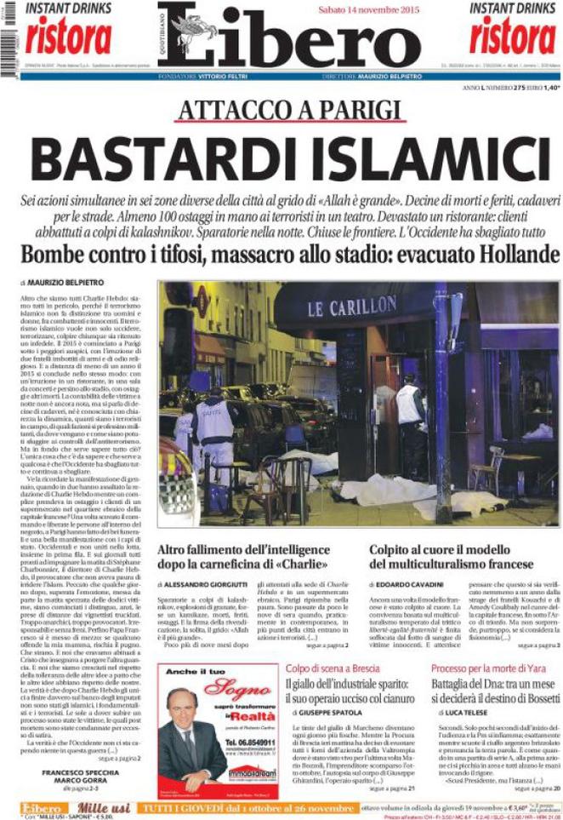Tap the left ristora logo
[x=68, y=36]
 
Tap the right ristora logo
[x=513, y=36]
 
